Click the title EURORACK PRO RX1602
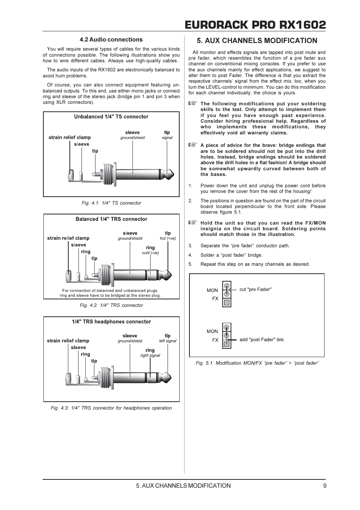point(255,25)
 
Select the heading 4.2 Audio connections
point(111,40)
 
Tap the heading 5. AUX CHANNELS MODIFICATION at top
point(257,41)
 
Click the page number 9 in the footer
point(325,486)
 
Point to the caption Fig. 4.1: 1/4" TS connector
point(111,203)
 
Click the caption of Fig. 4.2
point(111,305)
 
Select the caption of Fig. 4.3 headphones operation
point(111,408)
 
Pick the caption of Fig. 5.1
point(257,363)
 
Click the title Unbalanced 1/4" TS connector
point(111,117)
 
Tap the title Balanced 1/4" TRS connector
point(111,219)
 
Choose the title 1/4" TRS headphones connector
point(111,322)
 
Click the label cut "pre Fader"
point(255,290)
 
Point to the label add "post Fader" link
point(262,340)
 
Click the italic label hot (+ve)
point(168,239)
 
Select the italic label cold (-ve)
point(150,253)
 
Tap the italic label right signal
point(150,356)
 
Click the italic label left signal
point(168,341)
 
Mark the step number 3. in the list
point(191,246)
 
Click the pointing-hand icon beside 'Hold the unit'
point(193,223)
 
